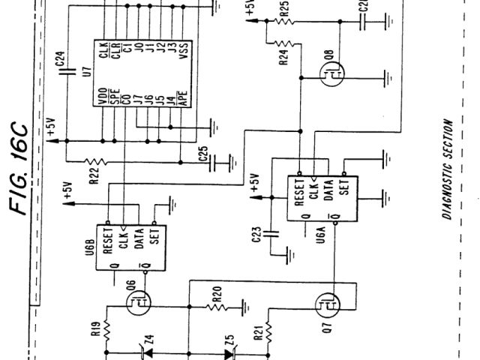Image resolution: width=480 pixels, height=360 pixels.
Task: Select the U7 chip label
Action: click(x=87, y=73)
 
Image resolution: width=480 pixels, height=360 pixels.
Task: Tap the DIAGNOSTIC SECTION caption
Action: click(x=446, y=169)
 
